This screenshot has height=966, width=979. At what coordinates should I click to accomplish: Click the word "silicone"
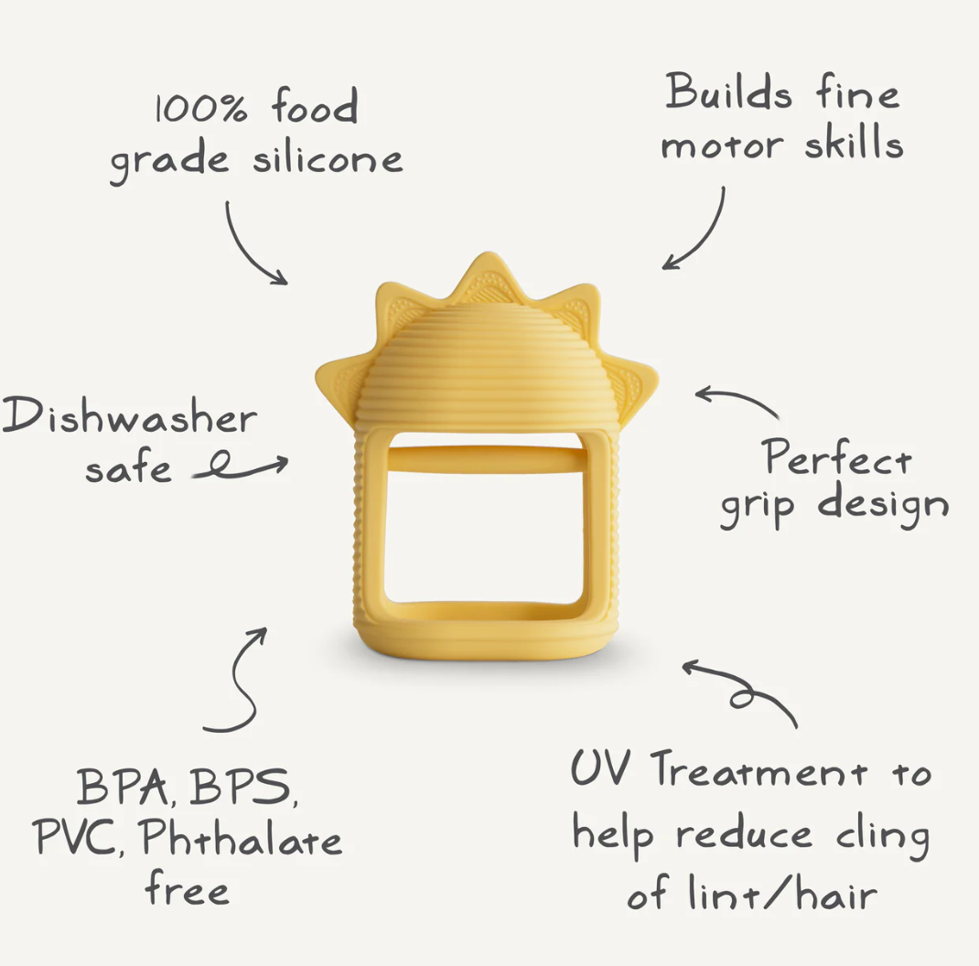328,158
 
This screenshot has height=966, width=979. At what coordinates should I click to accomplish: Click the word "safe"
128,469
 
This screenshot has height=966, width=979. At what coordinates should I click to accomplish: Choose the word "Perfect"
838,458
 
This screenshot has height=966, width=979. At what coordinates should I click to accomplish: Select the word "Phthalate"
242,839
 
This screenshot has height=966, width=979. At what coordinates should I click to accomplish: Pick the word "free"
187,889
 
